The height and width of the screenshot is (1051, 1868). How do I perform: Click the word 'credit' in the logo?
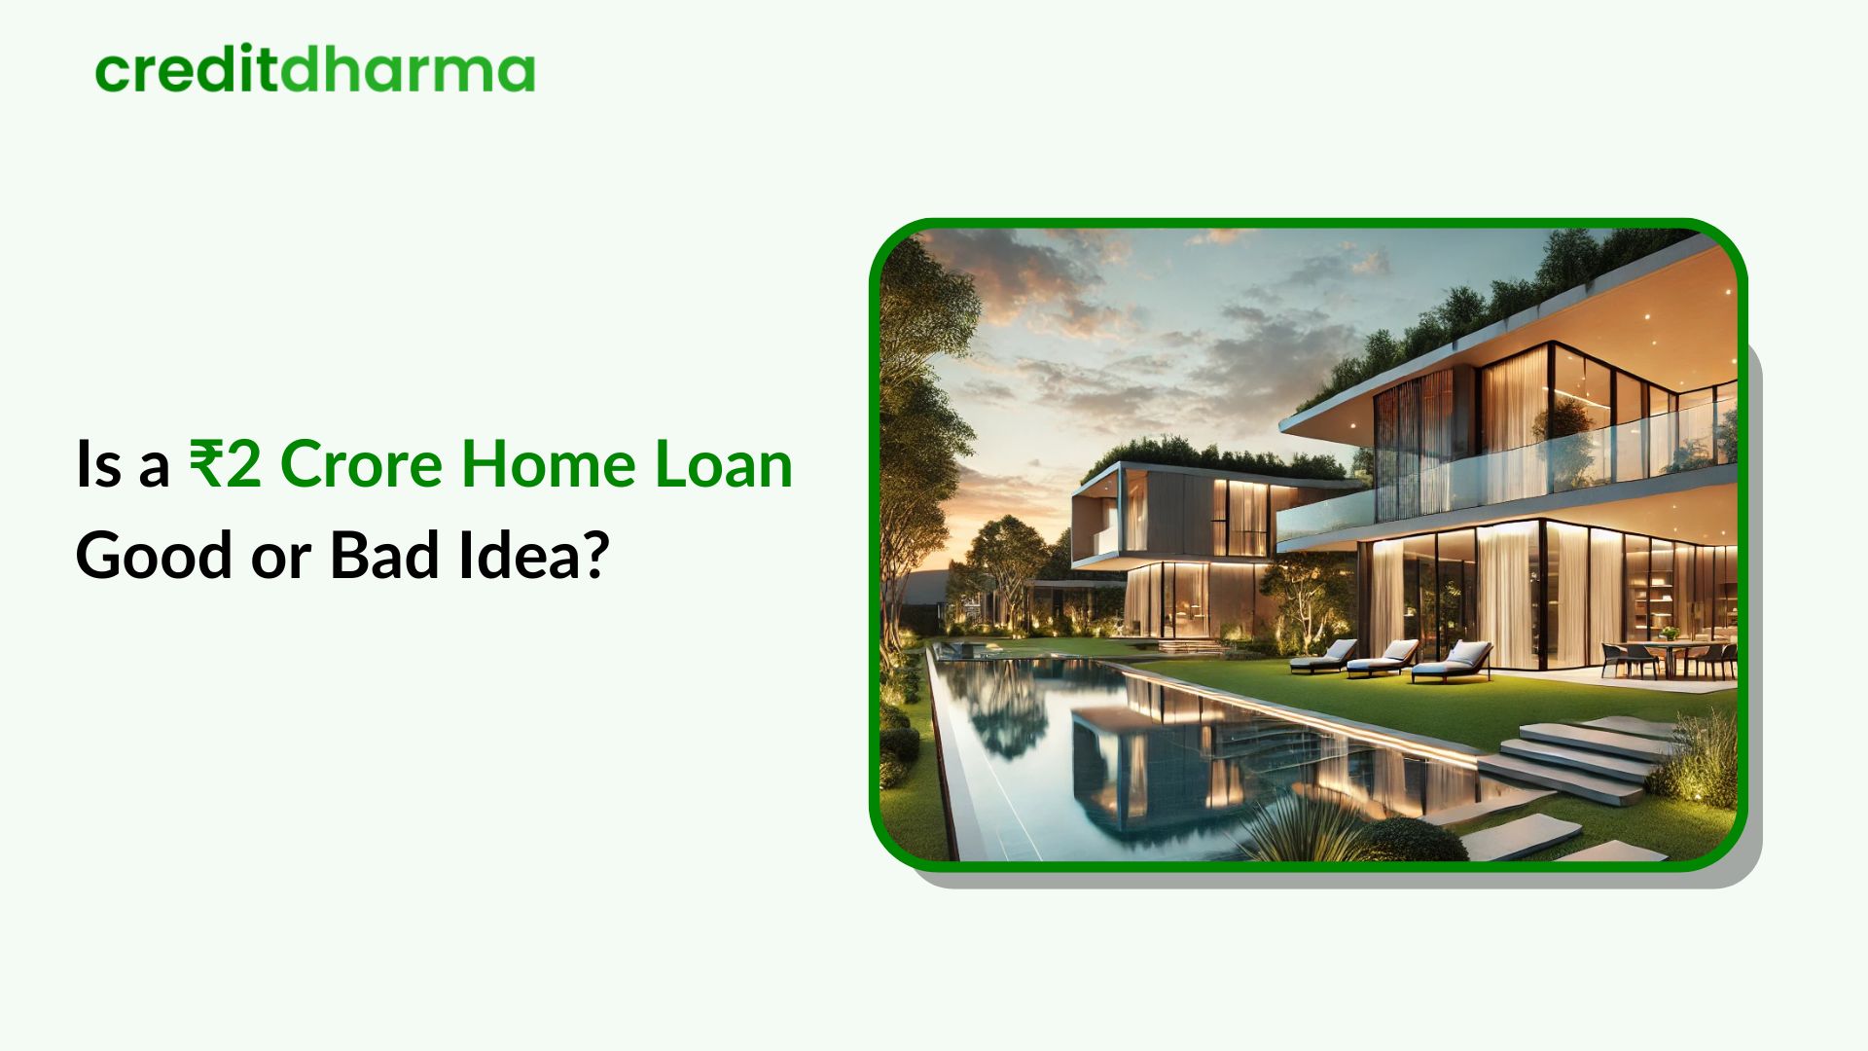tap(185, 71)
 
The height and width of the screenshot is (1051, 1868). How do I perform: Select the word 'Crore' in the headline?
tap(361, 464)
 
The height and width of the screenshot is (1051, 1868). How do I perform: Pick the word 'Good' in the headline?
tap(154, 556)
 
